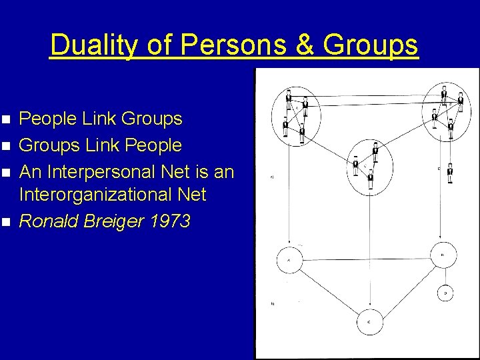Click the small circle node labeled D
447,292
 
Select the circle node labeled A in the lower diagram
289,259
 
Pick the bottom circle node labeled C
369,323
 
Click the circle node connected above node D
443,255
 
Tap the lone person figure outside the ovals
450,173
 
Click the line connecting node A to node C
328,290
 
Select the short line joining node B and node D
445,275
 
